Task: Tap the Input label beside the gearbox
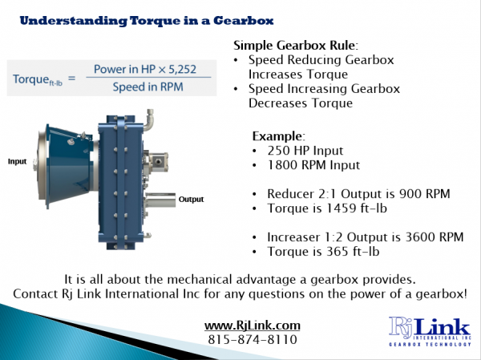tap(18, 161)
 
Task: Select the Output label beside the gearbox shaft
tap(191, 199)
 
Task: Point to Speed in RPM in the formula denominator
tap(153, 86)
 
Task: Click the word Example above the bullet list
tap(278, 136)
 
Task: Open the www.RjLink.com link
tap(253, 325)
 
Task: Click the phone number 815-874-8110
tap(253, 339)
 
